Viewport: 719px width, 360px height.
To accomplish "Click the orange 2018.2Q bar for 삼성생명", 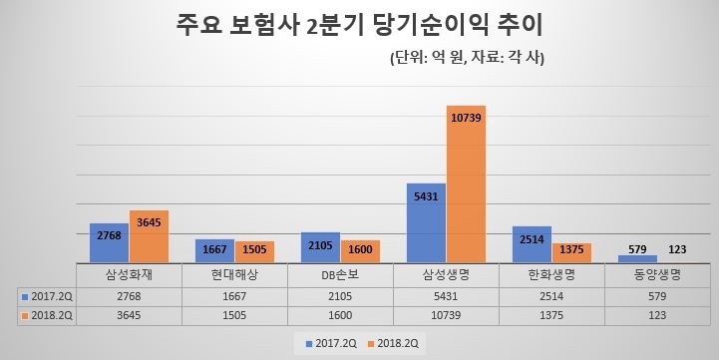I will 466,183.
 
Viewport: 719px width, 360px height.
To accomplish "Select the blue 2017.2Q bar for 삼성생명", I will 426,222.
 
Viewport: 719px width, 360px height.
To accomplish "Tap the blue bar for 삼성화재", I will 109,242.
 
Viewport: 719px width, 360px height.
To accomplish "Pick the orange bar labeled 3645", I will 149,236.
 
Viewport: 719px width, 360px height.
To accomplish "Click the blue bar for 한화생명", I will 532,244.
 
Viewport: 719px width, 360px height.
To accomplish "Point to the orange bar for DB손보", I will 360,251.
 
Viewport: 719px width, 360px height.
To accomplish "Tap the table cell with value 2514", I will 551,296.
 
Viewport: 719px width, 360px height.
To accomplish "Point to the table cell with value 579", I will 657,296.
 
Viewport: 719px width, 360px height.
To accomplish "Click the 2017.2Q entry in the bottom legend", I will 330,344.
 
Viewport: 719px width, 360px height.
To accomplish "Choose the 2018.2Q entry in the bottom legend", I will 396,344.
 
